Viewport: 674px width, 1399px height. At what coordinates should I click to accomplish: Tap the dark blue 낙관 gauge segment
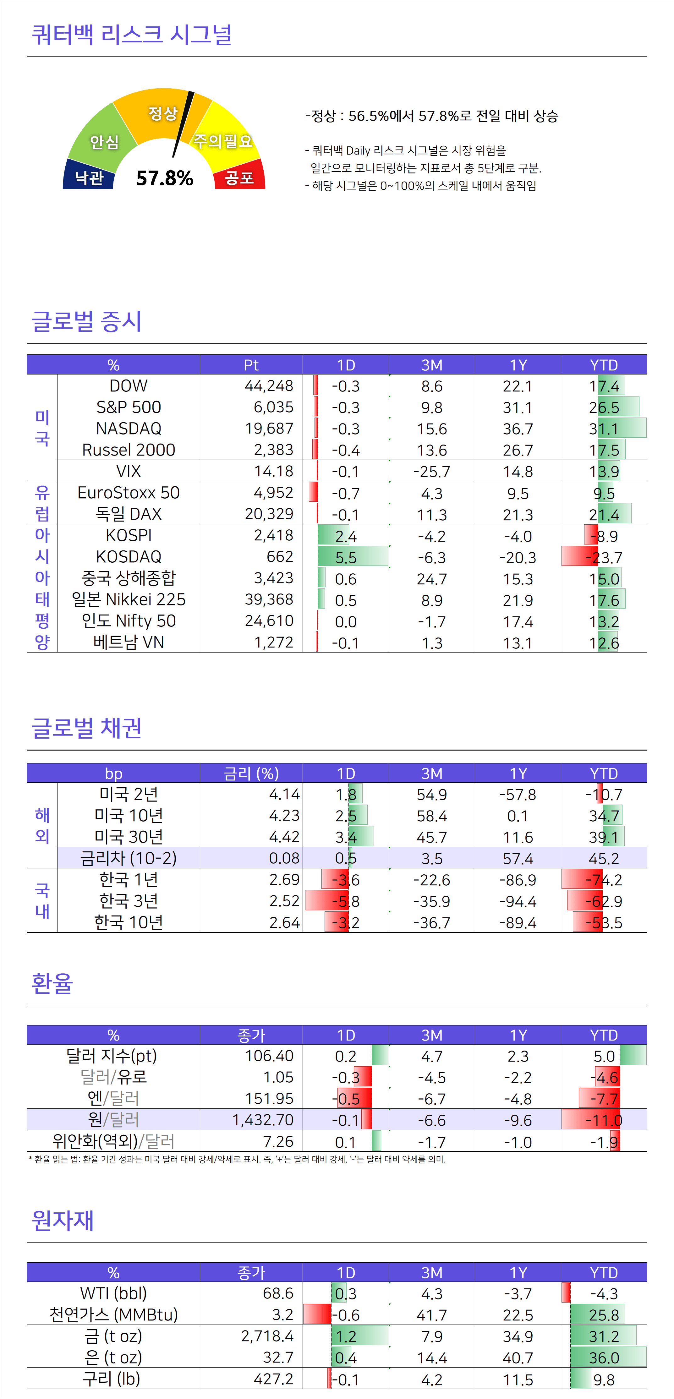pyautogui.click(x=89, y=177)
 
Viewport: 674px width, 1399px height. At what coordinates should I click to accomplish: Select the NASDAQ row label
pyautogui.click(x=129, y=429)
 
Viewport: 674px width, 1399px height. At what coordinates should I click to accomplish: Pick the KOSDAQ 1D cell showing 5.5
pyautogui.click(x=346, y=557)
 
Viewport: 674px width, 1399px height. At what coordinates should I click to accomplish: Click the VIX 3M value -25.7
pyautogui.click(x=432, y=471)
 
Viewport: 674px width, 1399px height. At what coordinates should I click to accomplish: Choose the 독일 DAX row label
pyautogui.click(x=129, y=514)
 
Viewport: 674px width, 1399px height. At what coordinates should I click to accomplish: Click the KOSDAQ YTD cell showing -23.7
pyautogui.click(x=604, y=557)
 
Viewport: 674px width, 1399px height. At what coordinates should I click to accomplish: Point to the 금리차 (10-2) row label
pyautogui.click(x=129, y=858)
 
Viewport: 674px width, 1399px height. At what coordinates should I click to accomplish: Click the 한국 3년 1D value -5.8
pyautogui.click(x=346, y=901)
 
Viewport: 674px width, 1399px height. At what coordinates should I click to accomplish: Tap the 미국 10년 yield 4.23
pyautogui.click(x=284, y=816)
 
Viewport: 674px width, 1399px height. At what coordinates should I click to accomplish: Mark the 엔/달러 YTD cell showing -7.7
pyautogui.click(x=604, y=1099)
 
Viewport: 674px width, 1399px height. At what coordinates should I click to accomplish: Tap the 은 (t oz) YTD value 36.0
pyautogui.click(x=604, y=1358)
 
